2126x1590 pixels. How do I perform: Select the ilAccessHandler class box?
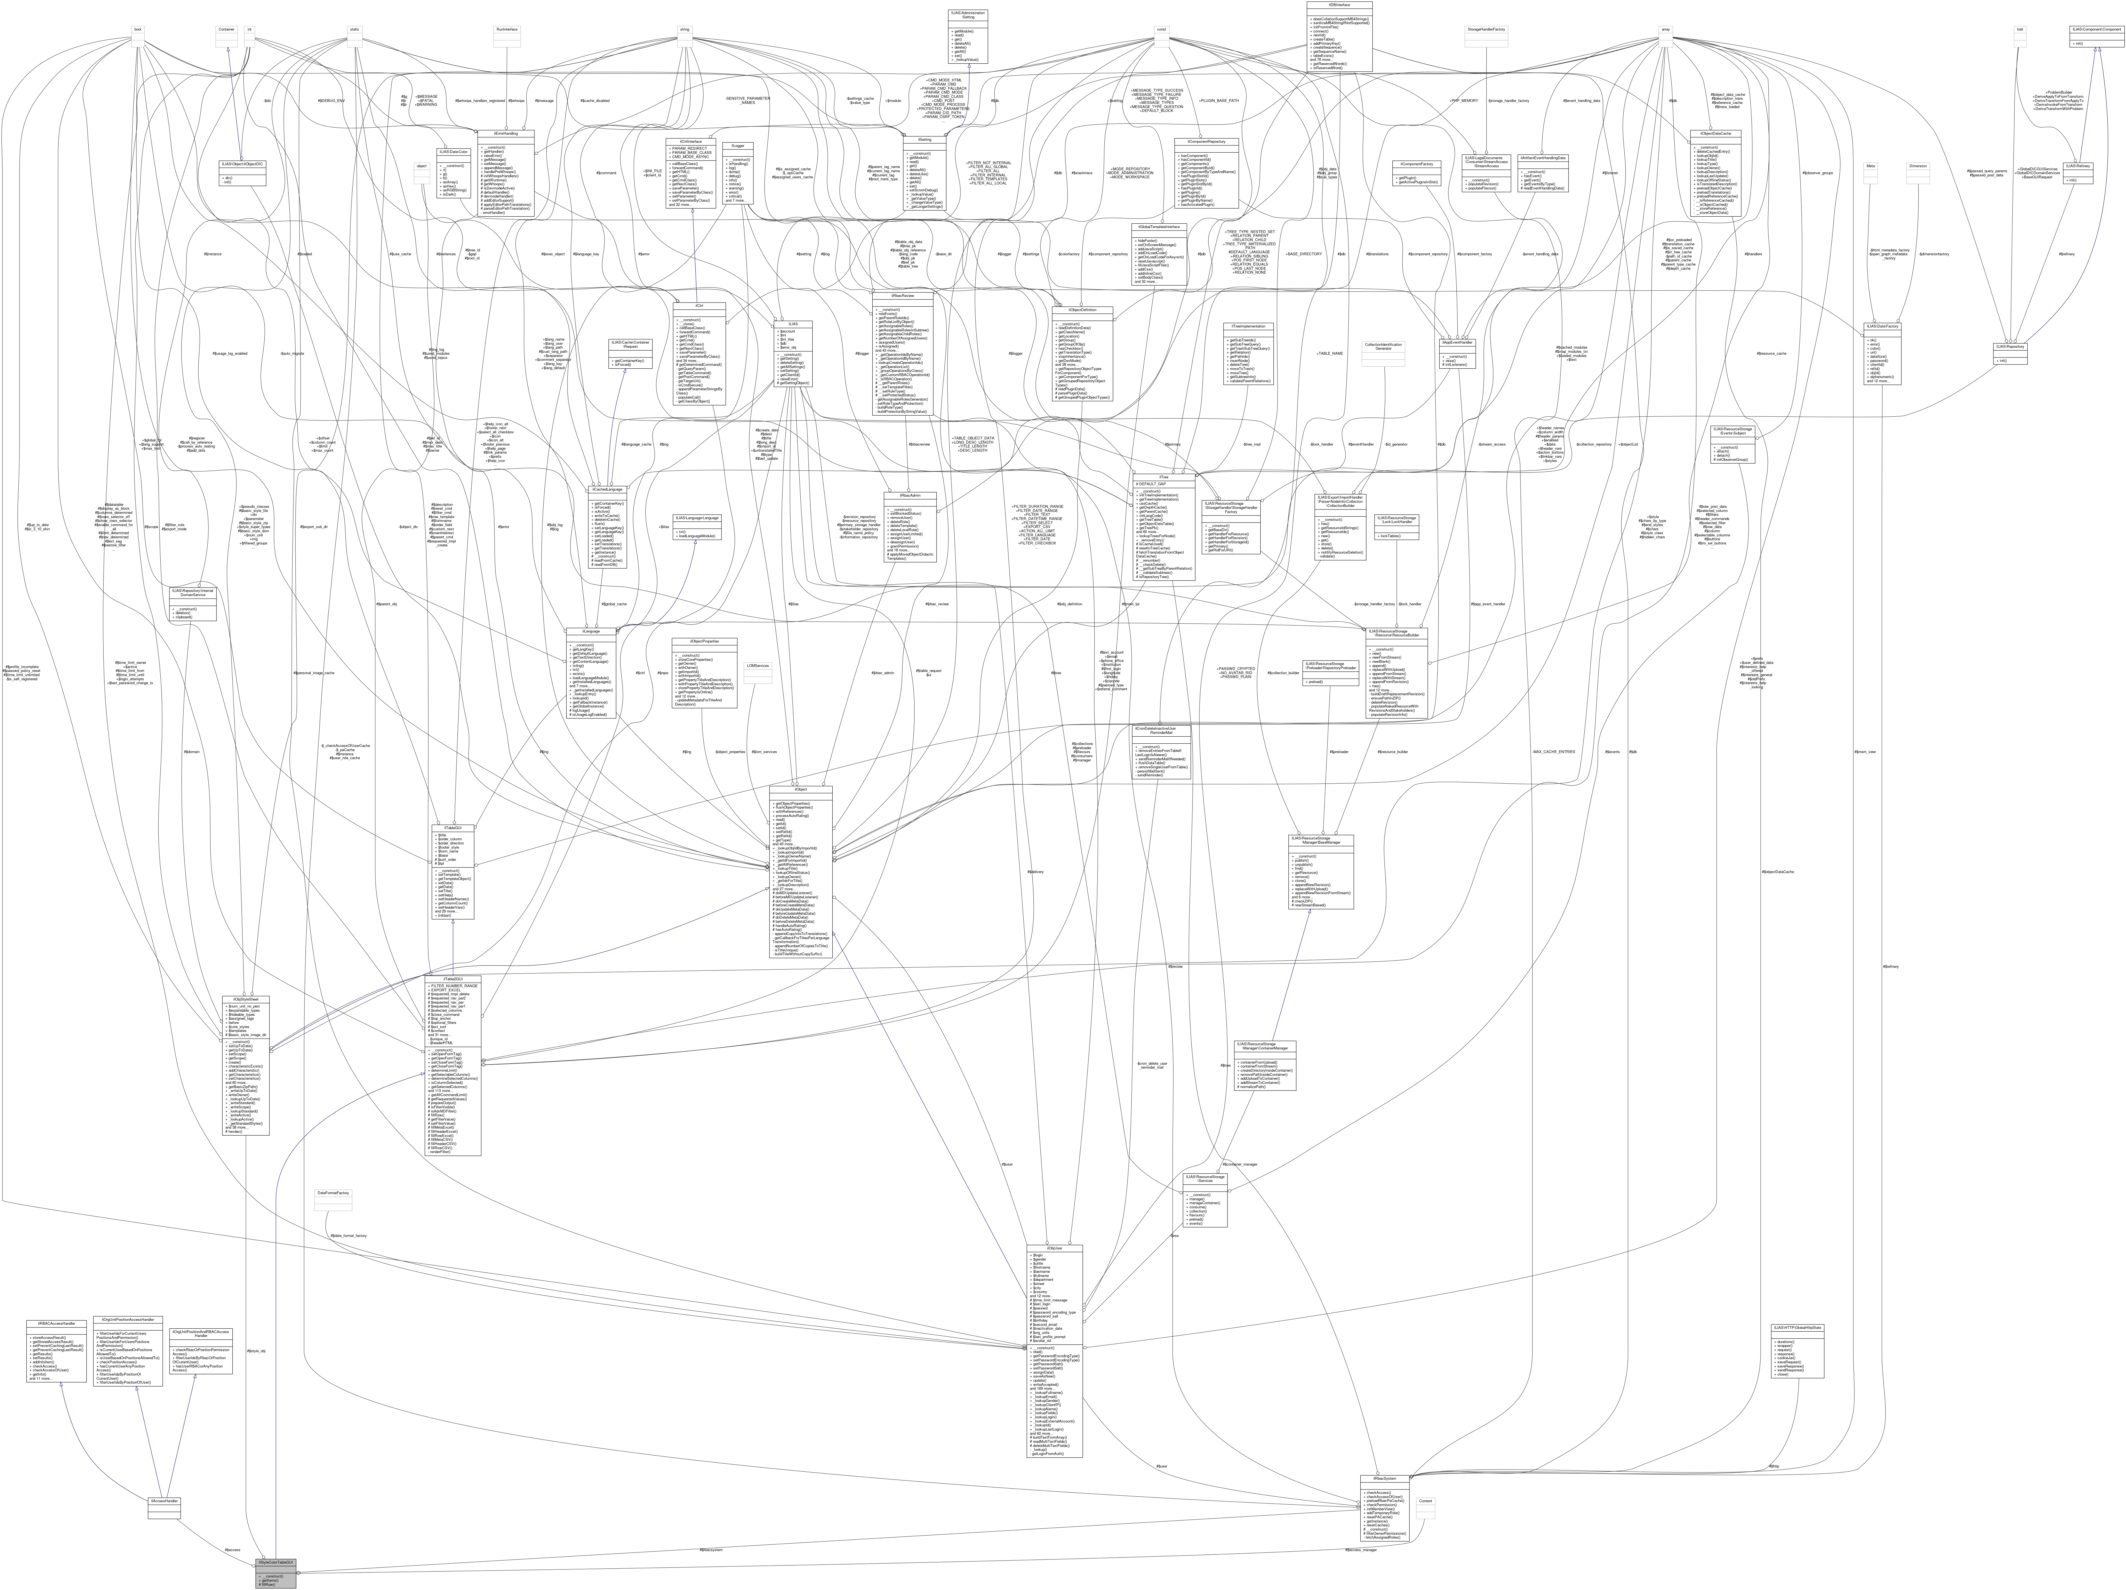pyautogui.click(x=164, y=1501)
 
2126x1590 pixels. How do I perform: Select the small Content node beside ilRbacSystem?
pyautogui.click(x=1425, y=1501)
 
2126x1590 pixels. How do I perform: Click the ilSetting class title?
pyautogui.click(x=925, y=139)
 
